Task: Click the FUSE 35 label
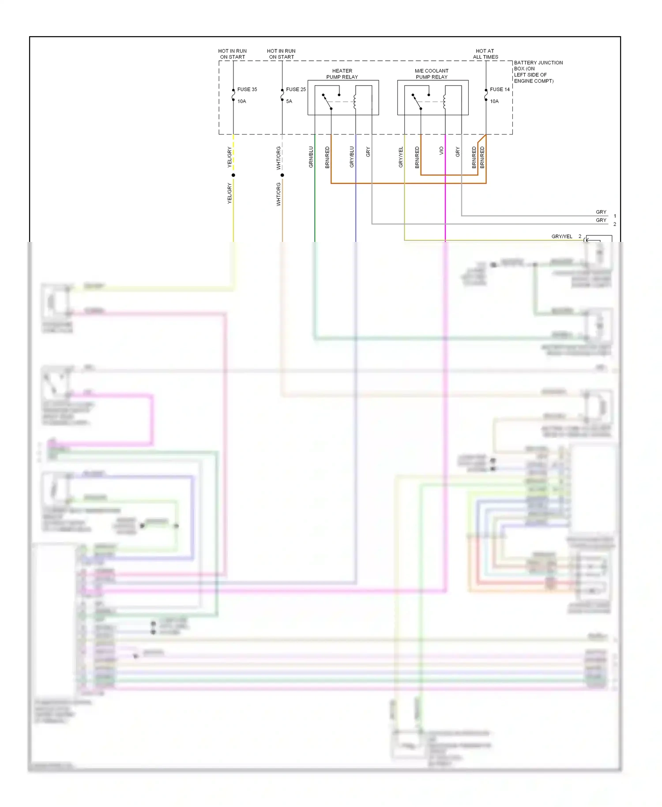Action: point(247,89)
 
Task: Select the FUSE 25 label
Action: point(296,89)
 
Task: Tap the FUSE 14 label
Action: point(499,89)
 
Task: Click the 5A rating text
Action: point(289,101)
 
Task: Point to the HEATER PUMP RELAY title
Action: point(342,74)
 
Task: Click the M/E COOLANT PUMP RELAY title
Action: point(431,74)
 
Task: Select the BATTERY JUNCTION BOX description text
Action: point(538,72)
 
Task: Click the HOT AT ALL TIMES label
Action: point(485,54)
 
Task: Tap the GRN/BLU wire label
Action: point(311,157)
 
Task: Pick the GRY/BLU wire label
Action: point(352,157)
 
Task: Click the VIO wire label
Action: point(441,151)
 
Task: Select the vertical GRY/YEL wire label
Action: point(401,157)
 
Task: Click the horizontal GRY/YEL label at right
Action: point(561,236)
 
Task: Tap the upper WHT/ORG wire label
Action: point(278,158)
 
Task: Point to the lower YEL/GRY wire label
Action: point(229,193)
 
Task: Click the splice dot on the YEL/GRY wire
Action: point(233,175)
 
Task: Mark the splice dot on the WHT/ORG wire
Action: point(282,175)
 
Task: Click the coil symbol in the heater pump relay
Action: point(355,102)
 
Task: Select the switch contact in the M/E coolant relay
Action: point(416,101)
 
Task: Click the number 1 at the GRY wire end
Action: point(615,216)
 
